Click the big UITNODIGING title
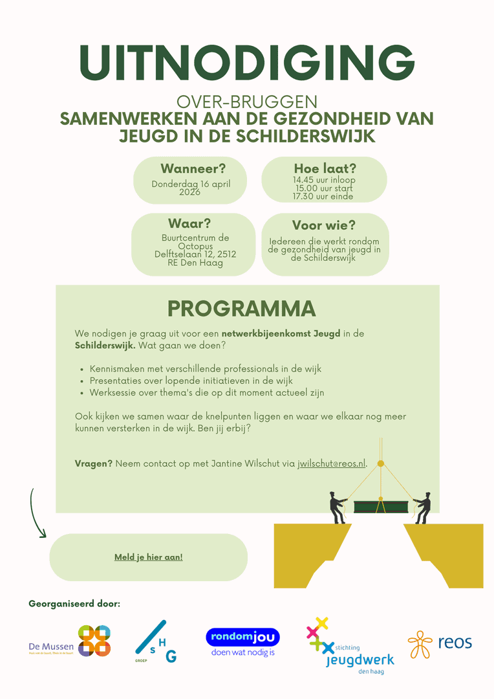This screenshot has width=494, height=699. click(x=247, y=63)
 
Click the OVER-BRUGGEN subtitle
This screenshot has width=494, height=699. click(x=247, y=102)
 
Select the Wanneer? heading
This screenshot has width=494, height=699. click(x=193, y=169)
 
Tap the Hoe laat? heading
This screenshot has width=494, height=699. click(x=325, y=169)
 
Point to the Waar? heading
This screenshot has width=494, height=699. click(x=189, y=224)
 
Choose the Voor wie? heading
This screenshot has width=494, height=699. click(x=323, y=225)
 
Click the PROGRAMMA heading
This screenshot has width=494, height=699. click(x=241, y=309)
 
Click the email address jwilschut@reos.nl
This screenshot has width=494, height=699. click(x=332, y=463)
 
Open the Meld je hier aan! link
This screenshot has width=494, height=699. click(x=148, y=557)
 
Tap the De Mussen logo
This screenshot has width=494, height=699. click(x=70, y=641)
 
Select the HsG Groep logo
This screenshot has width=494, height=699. click(x=155, y=642)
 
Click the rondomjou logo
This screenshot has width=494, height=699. click(x=242, y=642)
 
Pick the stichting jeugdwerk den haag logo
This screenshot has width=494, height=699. click(x=349, y=646)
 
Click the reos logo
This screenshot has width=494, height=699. click(x=440, y=643)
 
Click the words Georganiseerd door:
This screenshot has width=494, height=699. click(x=74, y=604)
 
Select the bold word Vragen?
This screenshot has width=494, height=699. click(x=94, y=463)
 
